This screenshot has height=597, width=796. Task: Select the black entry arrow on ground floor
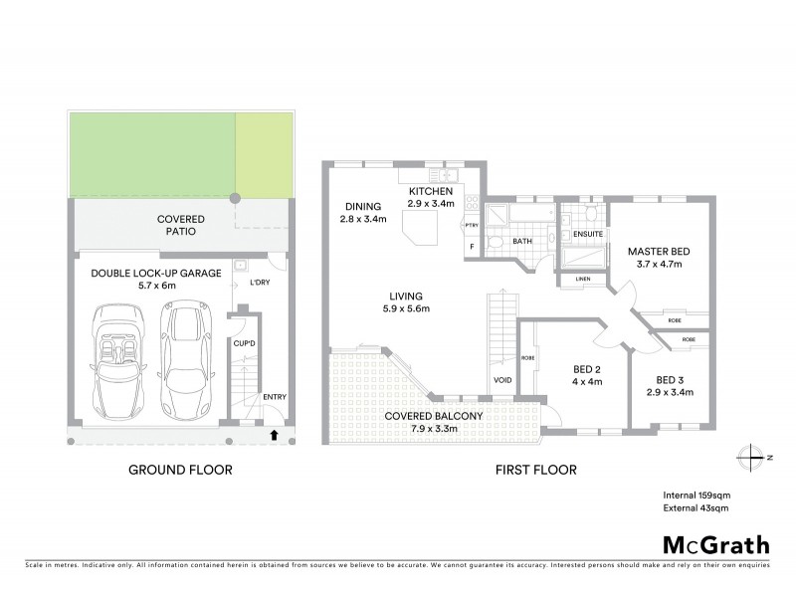click(x=275, y=434)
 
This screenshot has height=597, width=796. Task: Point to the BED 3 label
click(x=674, y=379)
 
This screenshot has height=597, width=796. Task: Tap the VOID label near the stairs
click(x=501, y=380)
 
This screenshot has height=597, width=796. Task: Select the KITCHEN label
click(x=430, y=191)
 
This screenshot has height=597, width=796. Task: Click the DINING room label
click(x=360, y=206)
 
